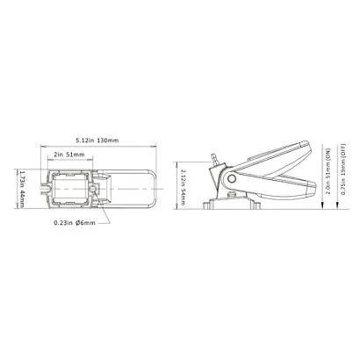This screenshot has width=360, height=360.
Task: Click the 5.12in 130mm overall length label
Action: [97, 140]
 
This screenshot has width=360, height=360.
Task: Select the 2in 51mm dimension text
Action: [69, 155]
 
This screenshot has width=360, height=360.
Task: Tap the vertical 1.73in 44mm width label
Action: [20, 189]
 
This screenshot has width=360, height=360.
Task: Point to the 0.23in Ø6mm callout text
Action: [75, 223]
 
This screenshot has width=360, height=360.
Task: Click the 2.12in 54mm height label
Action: [183, 187]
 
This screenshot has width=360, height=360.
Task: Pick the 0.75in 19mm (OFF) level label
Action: [344, 169]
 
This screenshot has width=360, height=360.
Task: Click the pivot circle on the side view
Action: [232, 178]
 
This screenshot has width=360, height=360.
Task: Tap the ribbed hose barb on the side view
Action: [215, 158]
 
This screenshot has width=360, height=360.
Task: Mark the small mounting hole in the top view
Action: [94, 189]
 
